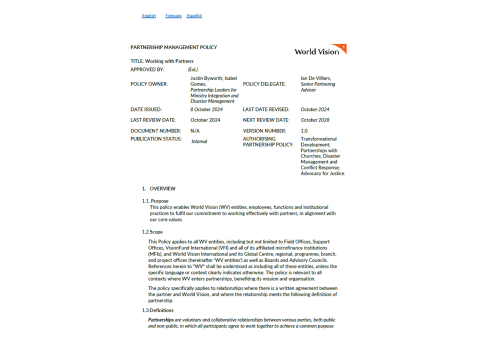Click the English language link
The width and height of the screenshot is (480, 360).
[x=149, y=16]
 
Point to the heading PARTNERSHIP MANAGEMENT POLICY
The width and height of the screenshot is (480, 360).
[x=173, y=47]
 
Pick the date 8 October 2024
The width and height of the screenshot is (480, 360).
[x=209, y=109]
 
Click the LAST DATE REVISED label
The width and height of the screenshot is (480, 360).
[x=265, y=109]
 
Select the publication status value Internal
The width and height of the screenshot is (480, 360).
[x=199, y=141]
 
